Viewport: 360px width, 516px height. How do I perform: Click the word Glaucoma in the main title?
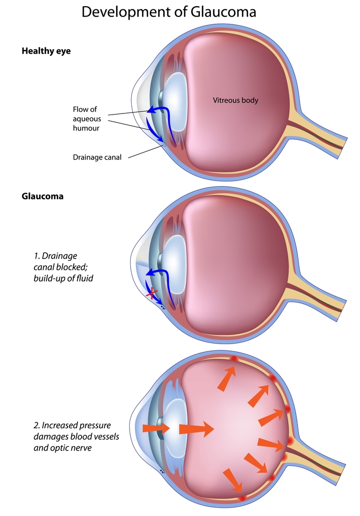pyautogui.click(x=226, y=12)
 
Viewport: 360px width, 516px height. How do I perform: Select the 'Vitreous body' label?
pyautogui.click(x=236, y=100)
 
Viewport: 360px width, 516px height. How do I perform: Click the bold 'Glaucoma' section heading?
pyautogui.click(x=43, y=197)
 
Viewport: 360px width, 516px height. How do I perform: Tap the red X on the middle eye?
pyautogui.click(x=152, y=294)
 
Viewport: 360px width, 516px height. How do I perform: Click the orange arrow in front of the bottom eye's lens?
pyautogui.click(x=155, y=428)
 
